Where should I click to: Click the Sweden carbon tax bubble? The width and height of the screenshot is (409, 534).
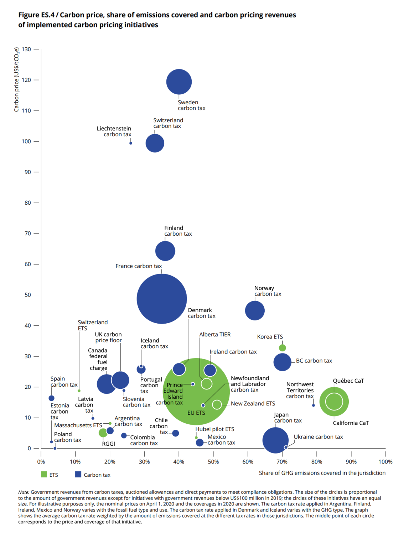click(179, 82)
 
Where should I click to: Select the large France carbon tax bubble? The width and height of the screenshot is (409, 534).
click(162, 299)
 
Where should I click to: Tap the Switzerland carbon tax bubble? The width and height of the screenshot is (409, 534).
click(155, 143)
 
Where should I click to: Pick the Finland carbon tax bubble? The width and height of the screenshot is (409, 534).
click(165, 251)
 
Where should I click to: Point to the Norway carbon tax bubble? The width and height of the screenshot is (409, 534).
click(255, 310)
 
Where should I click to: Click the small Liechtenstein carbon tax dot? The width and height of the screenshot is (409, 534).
click(131, 143)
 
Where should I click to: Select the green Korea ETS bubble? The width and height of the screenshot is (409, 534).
click(283, 348)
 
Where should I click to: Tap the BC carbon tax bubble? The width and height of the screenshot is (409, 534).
click(283, 362)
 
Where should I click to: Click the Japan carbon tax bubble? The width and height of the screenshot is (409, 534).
click(275, 440)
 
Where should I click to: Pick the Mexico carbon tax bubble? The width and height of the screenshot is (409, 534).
click(200, 443)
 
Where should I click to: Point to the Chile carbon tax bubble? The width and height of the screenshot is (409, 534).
click(176, 433)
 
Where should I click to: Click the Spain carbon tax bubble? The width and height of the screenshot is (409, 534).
click(51, 398)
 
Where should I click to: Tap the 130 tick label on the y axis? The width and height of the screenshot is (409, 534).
click(26, 49)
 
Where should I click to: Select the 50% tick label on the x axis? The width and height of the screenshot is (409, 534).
click(213, 462)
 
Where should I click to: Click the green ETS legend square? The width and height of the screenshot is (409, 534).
click(44, 475)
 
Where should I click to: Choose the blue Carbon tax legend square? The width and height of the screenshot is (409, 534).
click(78, 475)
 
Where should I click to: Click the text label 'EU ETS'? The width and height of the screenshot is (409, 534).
click(196, 413)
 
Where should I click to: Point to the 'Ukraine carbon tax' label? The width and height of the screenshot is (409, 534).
click(318, 437)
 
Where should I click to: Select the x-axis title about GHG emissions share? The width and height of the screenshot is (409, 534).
click(322, 473)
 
